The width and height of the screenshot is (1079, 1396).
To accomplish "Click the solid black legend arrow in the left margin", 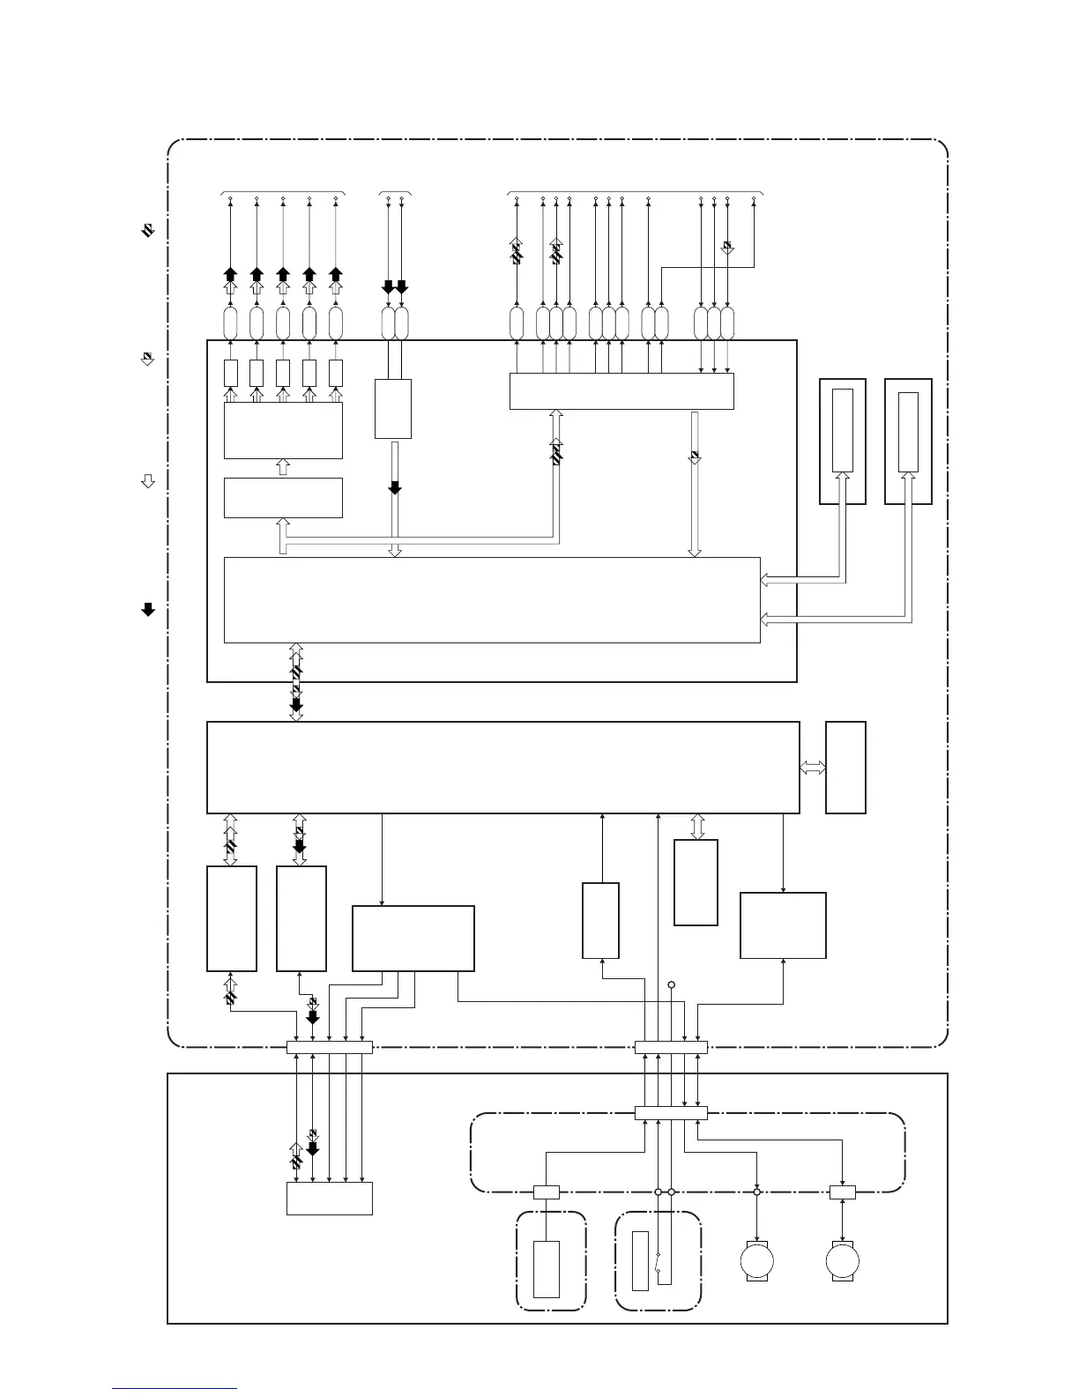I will tap(148, 609).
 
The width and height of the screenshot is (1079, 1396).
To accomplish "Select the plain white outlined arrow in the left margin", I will tap(148, 481).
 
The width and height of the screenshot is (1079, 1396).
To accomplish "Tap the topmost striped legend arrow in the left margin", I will tap(148, 230).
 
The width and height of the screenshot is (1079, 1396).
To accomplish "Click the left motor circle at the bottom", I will tap(757, 1261).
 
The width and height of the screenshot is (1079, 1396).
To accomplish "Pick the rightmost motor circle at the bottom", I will tap(842, 1261).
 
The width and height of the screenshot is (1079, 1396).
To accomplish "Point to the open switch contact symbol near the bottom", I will tap(659, 1261).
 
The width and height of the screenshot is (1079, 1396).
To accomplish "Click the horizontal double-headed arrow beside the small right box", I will tap(813, 768).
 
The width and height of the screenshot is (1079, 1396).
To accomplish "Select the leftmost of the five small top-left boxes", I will tap(231, 373).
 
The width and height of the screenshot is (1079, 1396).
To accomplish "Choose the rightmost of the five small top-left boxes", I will tap(336, 373).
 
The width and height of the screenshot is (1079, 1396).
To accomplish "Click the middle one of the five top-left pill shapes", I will tap(283, 323).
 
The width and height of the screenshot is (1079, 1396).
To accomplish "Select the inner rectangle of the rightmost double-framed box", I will tap(908, 432).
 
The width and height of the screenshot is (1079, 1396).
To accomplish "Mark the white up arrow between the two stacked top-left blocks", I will tap(283, 467).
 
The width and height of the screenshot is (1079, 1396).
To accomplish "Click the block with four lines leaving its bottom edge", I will tap(413, 939).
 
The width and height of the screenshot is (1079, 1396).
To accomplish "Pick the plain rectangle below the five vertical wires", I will tap(329, 1199).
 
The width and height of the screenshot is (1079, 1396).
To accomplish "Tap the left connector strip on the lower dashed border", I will tap(329, 1047).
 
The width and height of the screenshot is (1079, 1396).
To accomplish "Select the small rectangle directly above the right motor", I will tap(843, 1192).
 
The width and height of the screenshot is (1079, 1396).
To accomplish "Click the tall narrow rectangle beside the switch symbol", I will tap(641, 1261).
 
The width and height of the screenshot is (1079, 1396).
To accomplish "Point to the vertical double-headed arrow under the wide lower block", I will tap(696, 827).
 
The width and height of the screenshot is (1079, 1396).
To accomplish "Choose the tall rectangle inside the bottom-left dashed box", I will tap(547, 1269).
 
